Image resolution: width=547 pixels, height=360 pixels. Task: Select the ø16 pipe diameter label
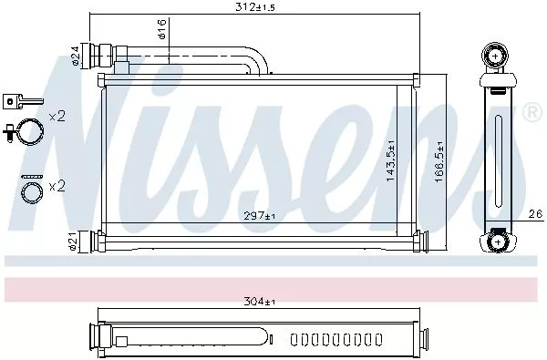160,35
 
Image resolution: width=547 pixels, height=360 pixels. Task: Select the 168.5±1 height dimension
439,161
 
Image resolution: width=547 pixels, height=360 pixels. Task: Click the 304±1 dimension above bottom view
258,301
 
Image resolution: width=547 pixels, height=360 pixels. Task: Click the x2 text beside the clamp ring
57,118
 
